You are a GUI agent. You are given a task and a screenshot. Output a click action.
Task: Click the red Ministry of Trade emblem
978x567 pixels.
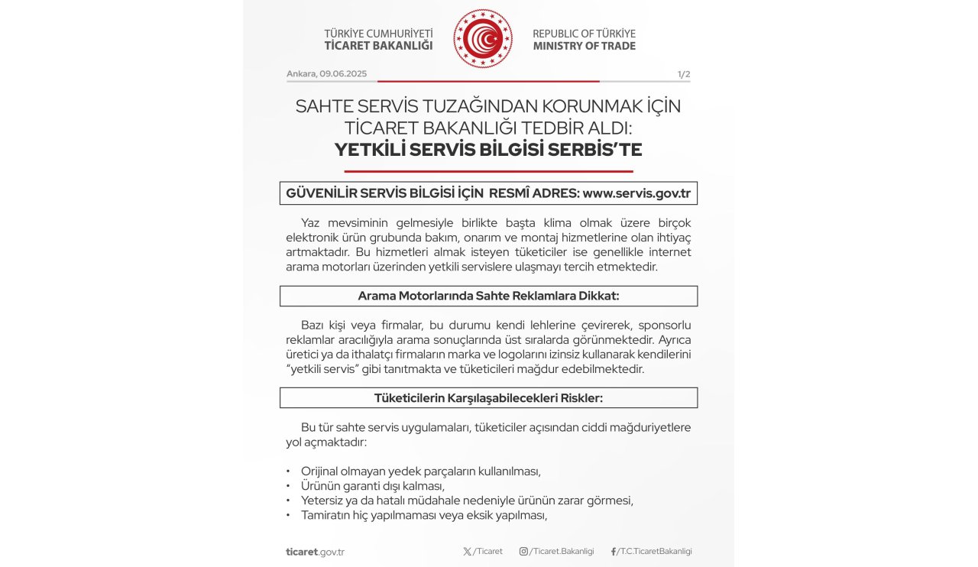483,39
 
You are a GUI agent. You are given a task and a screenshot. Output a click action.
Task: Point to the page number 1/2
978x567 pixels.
683,74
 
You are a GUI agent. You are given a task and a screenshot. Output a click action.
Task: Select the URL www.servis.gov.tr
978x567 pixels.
636,193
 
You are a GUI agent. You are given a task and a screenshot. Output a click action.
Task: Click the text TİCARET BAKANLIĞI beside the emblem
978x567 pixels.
378,46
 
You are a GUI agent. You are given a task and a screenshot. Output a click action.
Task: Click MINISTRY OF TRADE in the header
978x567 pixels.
584,46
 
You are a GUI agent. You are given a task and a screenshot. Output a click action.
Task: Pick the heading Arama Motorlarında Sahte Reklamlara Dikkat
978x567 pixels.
488,296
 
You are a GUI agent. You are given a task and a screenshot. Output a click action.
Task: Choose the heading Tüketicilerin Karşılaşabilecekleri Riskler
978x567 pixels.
488,397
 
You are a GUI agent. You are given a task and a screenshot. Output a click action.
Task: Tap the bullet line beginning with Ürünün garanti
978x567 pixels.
372,485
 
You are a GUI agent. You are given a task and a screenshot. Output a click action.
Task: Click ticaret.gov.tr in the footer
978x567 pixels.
315,552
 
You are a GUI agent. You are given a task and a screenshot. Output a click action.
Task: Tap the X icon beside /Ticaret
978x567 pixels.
467,552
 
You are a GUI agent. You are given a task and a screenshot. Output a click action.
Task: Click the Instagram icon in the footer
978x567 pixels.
523,552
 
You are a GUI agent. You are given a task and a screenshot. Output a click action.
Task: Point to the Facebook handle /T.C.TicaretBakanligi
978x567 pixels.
655,552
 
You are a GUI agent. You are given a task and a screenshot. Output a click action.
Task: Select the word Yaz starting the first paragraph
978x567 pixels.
310,222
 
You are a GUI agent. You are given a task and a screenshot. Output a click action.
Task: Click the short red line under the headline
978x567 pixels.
488,171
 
